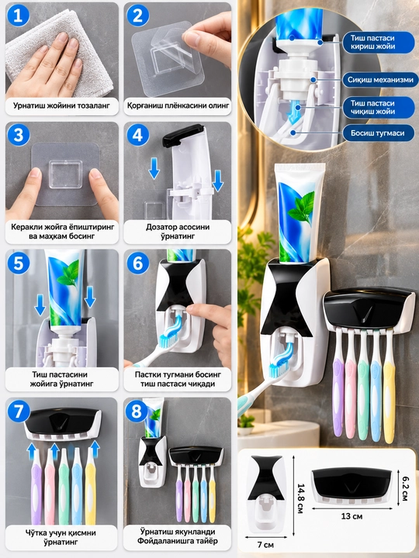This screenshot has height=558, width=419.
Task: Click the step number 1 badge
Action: click(18, 15)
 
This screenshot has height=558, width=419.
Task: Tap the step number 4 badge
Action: click(137, 135)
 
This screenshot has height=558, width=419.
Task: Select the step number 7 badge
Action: click(18, 412)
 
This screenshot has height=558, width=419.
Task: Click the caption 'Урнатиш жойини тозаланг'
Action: click(61, 105)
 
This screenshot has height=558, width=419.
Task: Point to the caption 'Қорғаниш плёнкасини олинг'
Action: click(178, 105)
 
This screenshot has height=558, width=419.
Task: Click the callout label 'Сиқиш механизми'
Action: click(380, 80)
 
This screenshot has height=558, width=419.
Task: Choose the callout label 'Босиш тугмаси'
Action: click(378, 133)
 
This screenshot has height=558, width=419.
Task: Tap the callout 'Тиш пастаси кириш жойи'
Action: click(372, 42)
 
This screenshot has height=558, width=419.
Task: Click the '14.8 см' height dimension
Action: click(300, 498)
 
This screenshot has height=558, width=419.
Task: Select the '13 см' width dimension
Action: click(351, 515)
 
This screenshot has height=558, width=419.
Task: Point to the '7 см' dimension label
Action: click(265, 545)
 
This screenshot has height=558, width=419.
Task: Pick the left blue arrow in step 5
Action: click(40, 301)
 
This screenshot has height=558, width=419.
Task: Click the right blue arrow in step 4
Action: click(217, 181)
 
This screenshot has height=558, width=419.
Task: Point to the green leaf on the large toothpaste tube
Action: click(301, 208)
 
